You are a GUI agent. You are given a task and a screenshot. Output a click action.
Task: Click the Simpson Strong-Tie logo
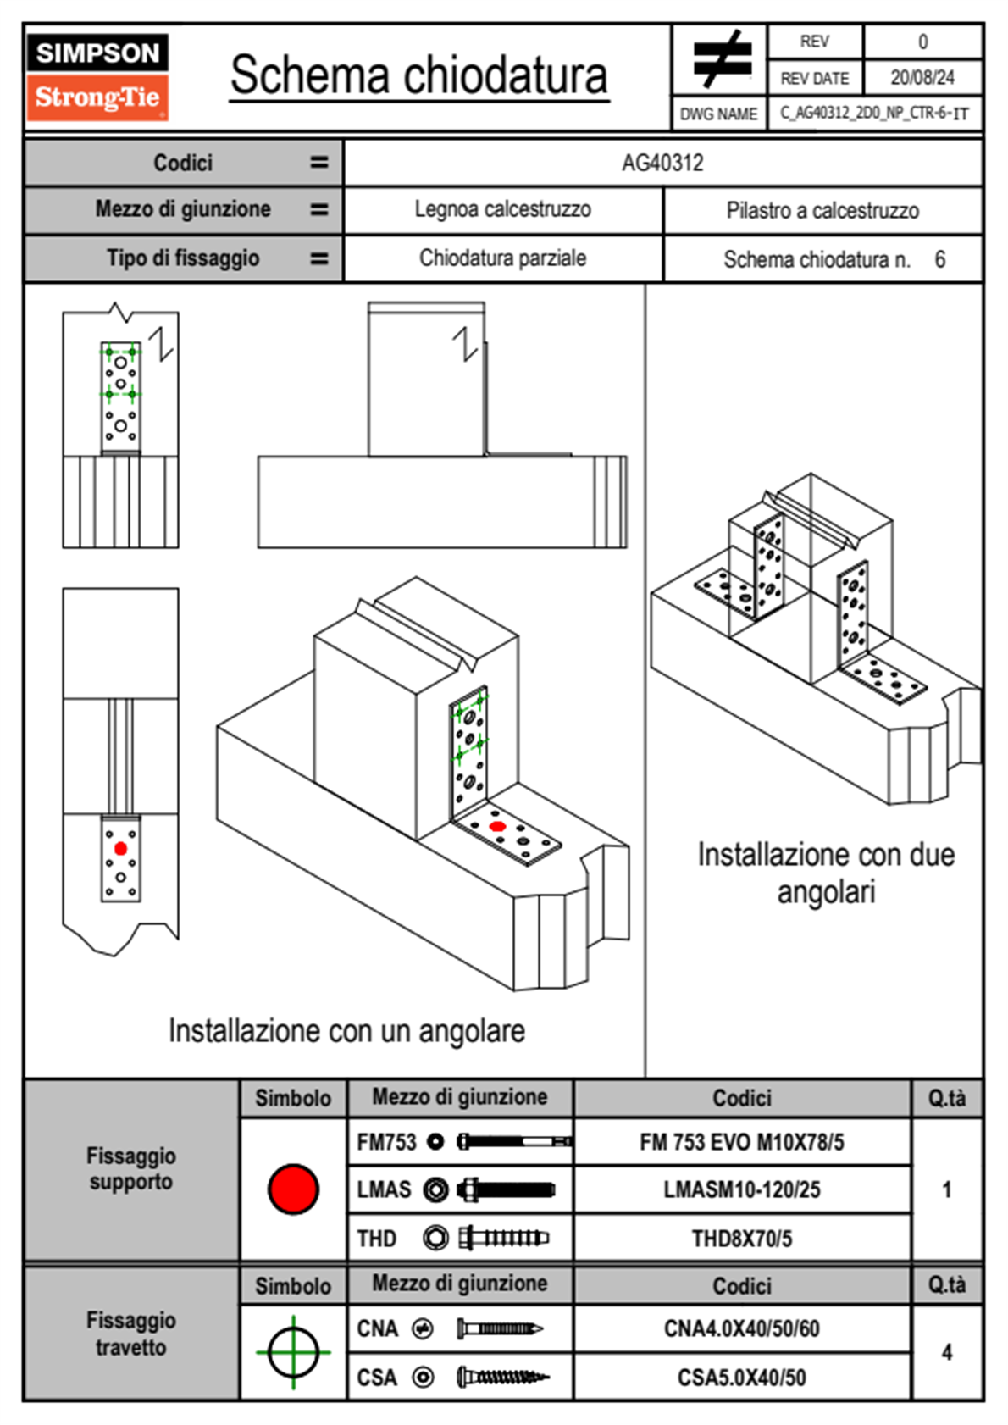(97, 76)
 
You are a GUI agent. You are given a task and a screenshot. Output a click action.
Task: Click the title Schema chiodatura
(418, 75)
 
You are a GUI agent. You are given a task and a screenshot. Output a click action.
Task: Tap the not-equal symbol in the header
(721, 60)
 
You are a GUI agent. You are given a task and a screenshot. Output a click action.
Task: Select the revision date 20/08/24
(922, 78)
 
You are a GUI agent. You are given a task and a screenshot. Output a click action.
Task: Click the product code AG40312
(662, 163)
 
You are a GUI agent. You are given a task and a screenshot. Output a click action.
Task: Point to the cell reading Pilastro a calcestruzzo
(822, 211)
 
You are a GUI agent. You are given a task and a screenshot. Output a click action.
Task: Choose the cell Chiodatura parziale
(502, 258)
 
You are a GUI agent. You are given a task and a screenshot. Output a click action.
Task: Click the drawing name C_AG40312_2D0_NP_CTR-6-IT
(874, 114)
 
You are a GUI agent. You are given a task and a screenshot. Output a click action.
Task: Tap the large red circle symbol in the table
(293, 1189)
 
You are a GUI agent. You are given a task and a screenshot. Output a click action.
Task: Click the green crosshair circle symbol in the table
(293, 1352)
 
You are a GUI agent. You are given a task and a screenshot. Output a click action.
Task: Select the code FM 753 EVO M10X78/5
(741, 1143)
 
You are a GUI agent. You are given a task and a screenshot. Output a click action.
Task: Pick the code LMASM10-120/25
(741, 1190)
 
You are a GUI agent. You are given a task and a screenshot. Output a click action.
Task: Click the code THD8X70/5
(741, 1239)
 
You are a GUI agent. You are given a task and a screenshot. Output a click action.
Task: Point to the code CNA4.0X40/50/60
(741, 1328)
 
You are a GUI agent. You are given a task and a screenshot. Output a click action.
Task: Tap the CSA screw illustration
(501, 1378)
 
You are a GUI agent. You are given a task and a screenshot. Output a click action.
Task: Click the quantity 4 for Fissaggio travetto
(946, 1352)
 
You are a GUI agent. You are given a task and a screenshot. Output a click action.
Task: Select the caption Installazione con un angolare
(346, 1031)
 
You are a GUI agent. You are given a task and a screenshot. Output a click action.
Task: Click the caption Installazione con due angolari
(826, 873)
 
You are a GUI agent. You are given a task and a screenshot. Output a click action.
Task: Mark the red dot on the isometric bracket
(497, 826)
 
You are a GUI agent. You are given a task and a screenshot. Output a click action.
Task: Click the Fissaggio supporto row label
(131, 1168)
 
